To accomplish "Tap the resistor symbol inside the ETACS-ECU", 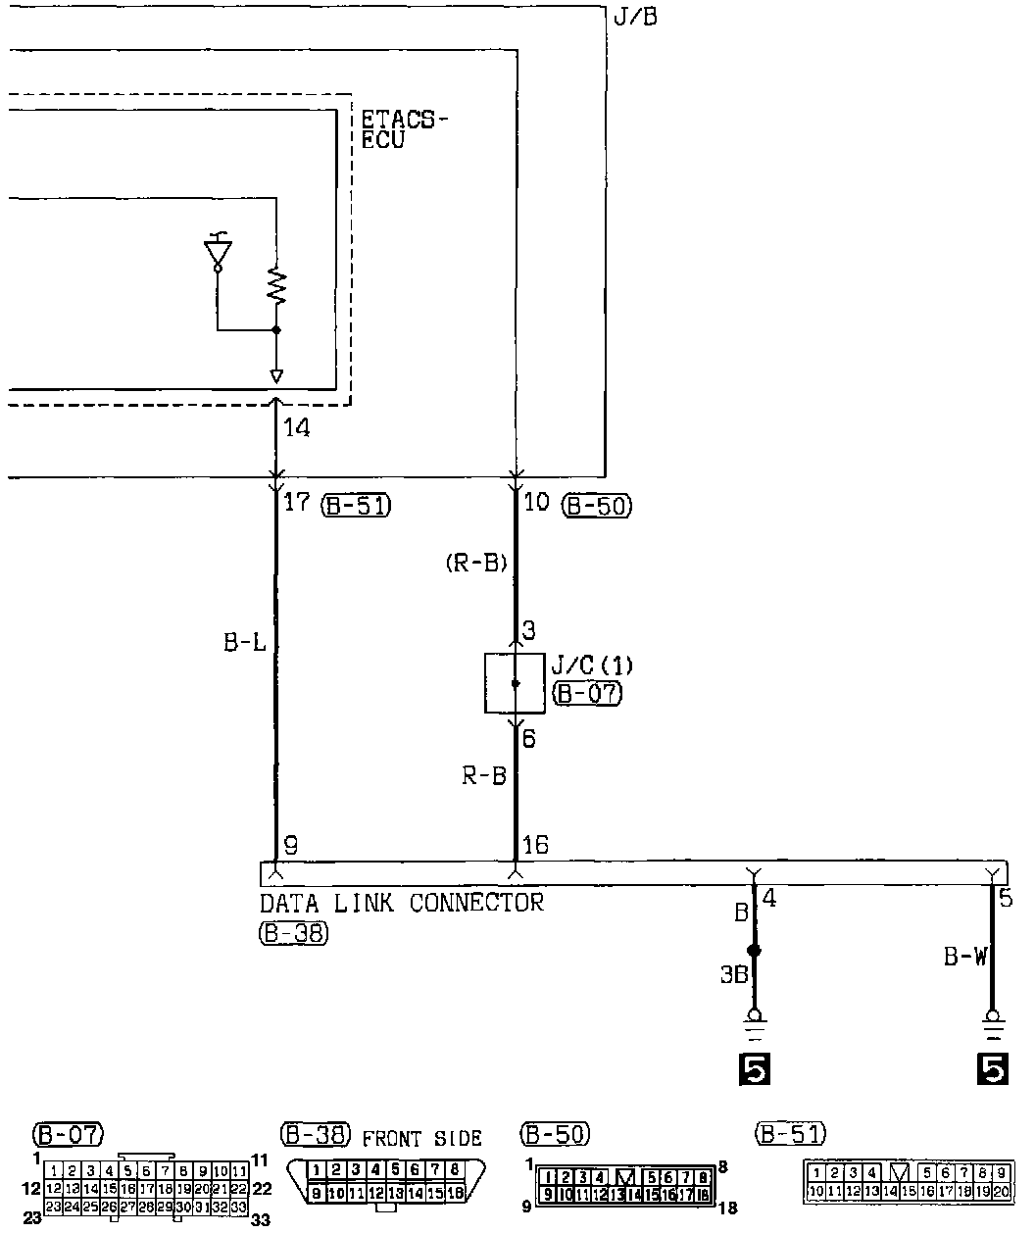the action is coord(276,286).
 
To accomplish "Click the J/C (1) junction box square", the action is coord(516,683).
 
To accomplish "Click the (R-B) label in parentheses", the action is coord(475,564).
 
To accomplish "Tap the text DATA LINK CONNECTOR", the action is coord(401,902).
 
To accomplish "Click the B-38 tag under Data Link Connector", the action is coord(294,934).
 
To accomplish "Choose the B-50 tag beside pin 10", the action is coord(597,506).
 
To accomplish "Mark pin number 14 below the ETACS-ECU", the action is coord(296,428).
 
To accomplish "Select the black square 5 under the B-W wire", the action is coord(992,1069).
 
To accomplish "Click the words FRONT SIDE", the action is coord(422,1139).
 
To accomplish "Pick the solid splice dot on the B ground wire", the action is coord(754,951).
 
